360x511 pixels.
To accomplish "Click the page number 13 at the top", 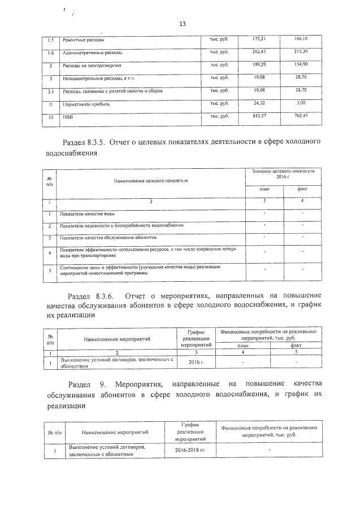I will coord(182,24).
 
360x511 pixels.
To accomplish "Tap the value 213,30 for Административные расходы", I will coord(301,52).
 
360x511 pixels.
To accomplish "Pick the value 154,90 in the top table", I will coord(301,65).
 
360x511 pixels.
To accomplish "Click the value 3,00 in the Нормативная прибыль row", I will coord(301,104).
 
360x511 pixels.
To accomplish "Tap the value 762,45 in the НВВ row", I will coord(301,117).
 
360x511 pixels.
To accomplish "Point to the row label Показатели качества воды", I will coord(90,214).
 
